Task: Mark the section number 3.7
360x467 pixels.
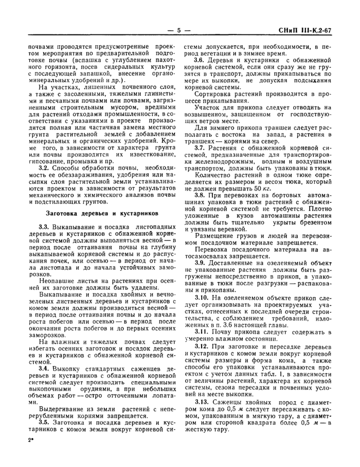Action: [x=201, y=147]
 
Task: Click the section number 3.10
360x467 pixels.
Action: [x=202, y=297]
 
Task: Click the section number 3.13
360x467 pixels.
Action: [x=202, y=401]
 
